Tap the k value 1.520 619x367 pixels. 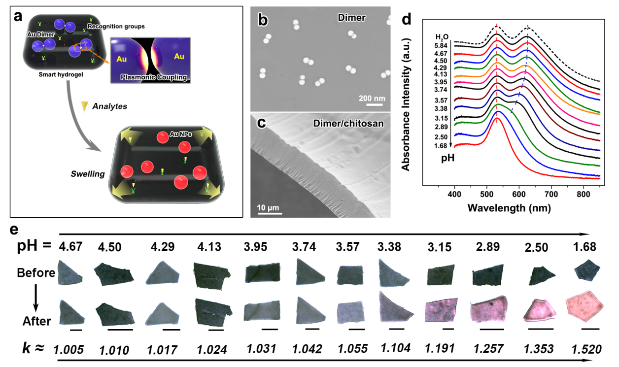point(586,349)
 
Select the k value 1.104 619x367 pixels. point(395,348)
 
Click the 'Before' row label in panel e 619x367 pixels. point(36,272)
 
